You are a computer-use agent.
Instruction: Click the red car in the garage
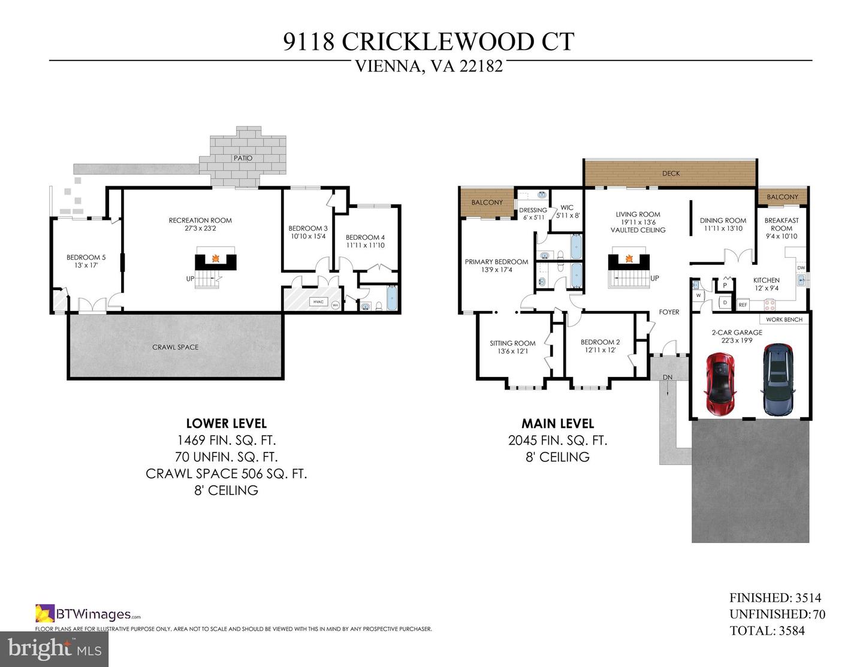click(720, 384)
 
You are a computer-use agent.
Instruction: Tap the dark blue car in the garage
click(778, 380)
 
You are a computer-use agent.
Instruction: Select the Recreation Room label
click(200, 221)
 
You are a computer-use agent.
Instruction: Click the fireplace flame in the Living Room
click(629, 259)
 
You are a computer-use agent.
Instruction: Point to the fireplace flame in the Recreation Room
click(215, 259)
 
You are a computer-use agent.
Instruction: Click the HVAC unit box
click(318, 302)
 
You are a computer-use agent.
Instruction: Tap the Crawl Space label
click(175, 347)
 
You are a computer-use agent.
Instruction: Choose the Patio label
click(243, 158)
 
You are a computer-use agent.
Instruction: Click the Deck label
click(671, 174)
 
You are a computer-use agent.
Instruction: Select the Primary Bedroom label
click(496, 262)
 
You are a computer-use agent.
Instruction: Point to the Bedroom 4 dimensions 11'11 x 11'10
click(365, 245)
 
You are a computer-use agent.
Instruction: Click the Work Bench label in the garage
click(784, 319)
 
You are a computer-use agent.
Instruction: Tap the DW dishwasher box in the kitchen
click(801, 268)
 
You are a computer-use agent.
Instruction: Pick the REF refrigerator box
click(743, 304)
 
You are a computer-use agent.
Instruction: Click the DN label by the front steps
click(667, 377)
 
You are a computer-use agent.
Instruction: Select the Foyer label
click(669, 312)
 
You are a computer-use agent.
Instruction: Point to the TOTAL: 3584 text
click(767, 630)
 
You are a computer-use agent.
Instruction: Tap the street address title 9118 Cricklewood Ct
click(429, 42)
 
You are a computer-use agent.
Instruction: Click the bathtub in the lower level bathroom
click(392, 298)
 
